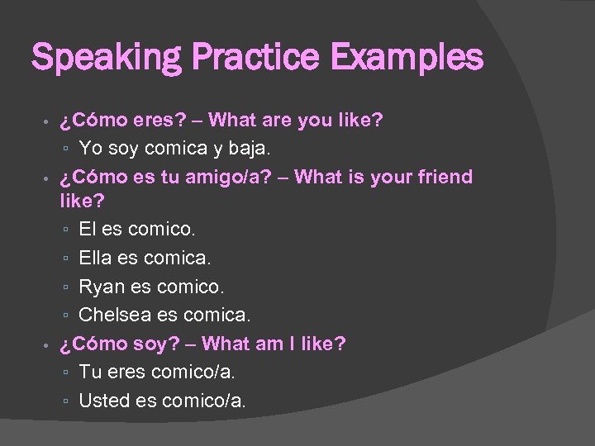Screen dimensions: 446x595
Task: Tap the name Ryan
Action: click(99, 287)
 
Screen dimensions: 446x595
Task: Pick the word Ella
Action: click(95, 259)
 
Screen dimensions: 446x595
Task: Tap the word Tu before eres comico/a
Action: click(88, 372)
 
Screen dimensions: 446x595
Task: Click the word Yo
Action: click(90, 149)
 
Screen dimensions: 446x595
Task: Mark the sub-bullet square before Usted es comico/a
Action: click(65, 401)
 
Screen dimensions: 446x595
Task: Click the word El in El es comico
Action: click(88, 230)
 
